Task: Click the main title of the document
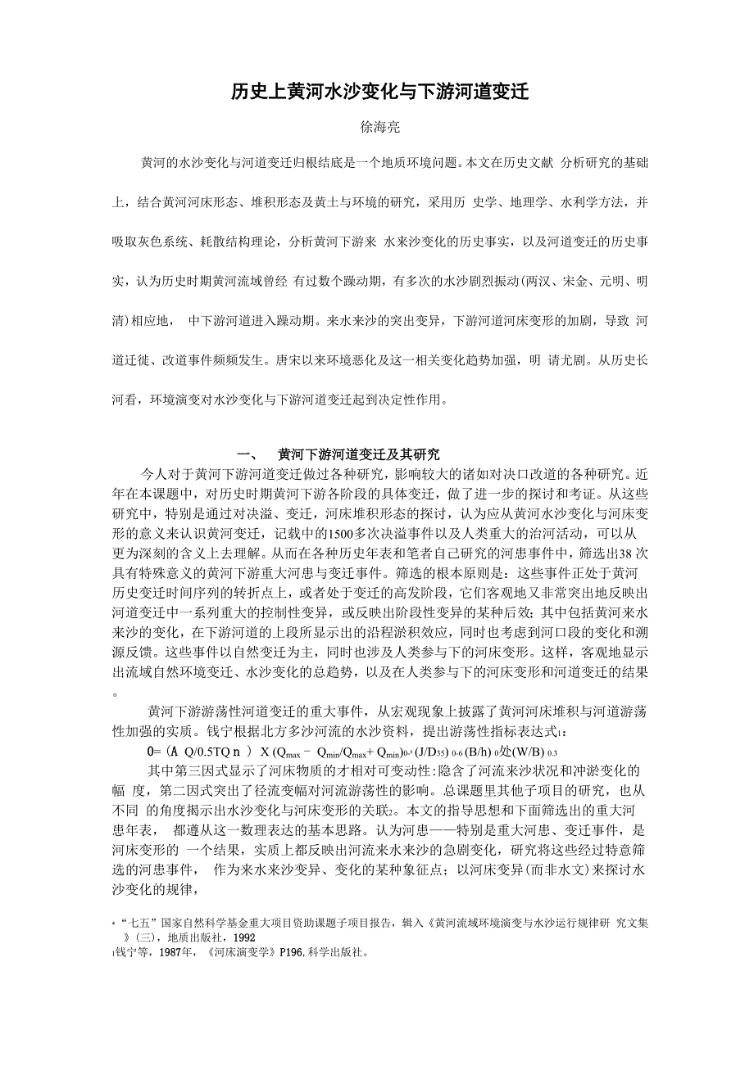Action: pyautogui.click(x=378, y=92)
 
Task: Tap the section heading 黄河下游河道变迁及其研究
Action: pyautogui.click(x=358, y=454)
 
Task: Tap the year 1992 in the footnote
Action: pyautogui.click(x=244, y=937)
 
